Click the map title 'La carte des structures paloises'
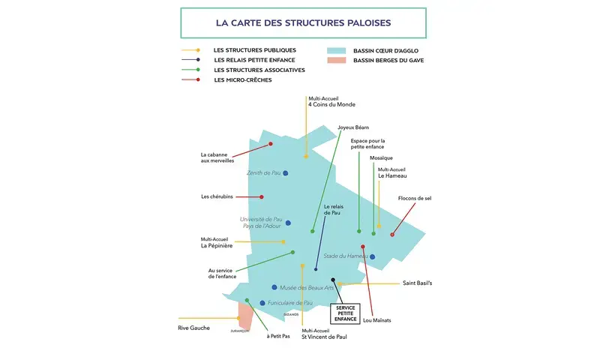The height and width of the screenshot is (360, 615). (x=303, y=23)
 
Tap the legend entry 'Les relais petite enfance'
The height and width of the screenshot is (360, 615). (x=254, y=60)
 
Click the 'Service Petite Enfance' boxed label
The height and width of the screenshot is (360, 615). (x=346, y=313)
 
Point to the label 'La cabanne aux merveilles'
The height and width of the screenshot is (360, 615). (x=217, y=157)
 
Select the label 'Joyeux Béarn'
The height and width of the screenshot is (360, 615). (x=353, y=127)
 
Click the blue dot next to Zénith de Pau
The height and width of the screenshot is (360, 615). (x=286, y=173)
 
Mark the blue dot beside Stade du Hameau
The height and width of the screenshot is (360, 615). (x=372, y=256)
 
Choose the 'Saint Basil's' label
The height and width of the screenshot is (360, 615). (x=417, y=283)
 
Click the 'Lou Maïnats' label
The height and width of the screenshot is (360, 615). (x=376, y=320)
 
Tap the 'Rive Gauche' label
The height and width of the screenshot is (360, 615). (x=193, y=328)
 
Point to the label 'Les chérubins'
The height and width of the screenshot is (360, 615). (x=217, y=196)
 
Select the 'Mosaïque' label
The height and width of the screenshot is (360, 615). (x=381, y=158)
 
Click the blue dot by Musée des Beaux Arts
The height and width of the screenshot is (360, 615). (x=274, y=287)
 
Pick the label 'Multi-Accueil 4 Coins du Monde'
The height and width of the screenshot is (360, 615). (x=331, y=101)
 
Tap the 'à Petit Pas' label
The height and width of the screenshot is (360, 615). (x=278, y=336)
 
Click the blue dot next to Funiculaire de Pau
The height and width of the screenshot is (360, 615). (x=262, y=303)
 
